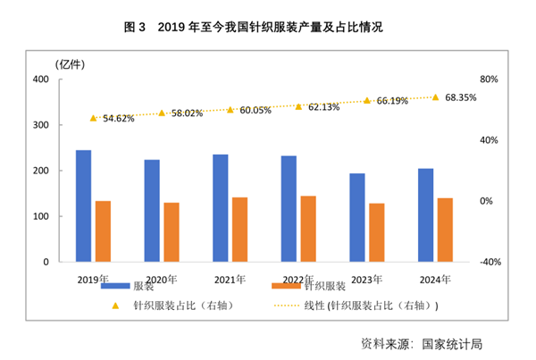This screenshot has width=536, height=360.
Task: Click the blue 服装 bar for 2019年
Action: tap(83, 206)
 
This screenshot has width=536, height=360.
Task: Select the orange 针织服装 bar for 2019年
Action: tap(104, 231)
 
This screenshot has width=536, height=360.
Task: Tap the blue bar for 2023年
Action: tap(356, 218)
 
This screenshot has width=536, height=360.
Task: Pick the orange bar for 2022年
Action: tap(308, 229)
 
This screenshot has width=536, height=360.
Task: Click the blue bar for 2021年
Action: tap(220, 208)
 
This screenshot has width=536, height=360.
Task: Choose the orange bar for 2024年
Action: tap(445, 230)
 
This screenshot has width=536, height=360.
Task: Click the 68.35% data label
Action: tap(461, 96)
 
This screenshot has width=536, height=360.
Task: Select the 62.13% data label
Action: tap(324, 107)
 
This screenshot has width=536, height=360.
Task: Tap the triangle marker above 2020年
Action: tap(162, 113)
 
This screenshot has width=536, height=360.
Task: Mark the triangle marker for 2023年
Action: tap(366, 100)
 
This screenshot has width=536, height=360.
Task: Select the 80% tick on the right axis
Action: tap(490, 80)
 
